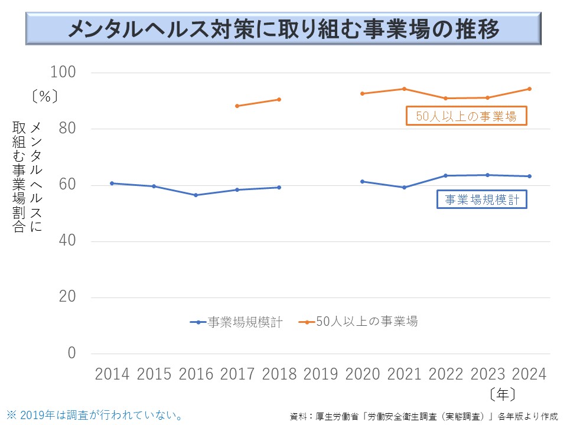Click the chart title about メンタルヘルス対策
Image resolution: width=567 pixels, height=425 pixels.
(283, 29)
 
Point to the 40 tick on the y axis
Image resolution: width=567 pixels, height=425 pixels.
(68, 241)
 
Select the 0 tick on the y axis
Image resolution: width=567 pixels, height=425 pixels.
(72, 353)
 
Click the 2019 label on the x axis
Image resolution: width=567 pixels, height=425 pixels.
(320, 374)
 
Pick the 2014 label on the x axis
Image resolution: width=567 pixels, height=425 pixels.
(112, 374)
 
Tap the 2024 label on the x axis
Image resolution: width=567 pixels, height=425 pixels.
(529, 374)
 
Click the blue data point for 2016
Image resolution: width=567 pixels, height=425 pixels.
(195, 195)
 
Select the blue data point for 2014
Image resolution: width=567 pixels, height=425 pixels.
(112, 183)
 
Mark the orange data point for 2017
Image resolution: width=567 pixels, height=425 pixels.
(237, 106)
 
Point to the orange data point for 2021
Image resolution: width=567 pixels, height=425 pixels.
(404, 89)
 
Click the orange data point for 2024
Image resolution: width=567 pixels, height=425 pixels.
(529, 89)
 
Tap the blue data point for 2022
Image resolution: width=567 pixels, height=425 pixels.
(445, 175)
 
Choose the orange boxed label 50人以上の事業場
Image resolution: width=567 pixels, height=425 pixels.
(466, 116)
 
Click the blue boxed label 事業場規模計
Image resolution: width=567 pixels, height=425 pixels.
(482, 200)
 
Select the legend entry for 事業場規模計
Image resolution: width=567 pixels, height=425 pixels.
(236, 322)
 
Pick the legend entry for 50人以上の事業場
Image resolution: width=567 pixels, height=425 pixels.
(359, 322)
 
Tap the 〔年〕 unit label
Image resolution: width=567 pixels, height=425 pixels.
(503, 394)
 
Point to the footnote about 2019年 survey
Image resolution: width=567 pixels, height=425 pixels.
(94, 415)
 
